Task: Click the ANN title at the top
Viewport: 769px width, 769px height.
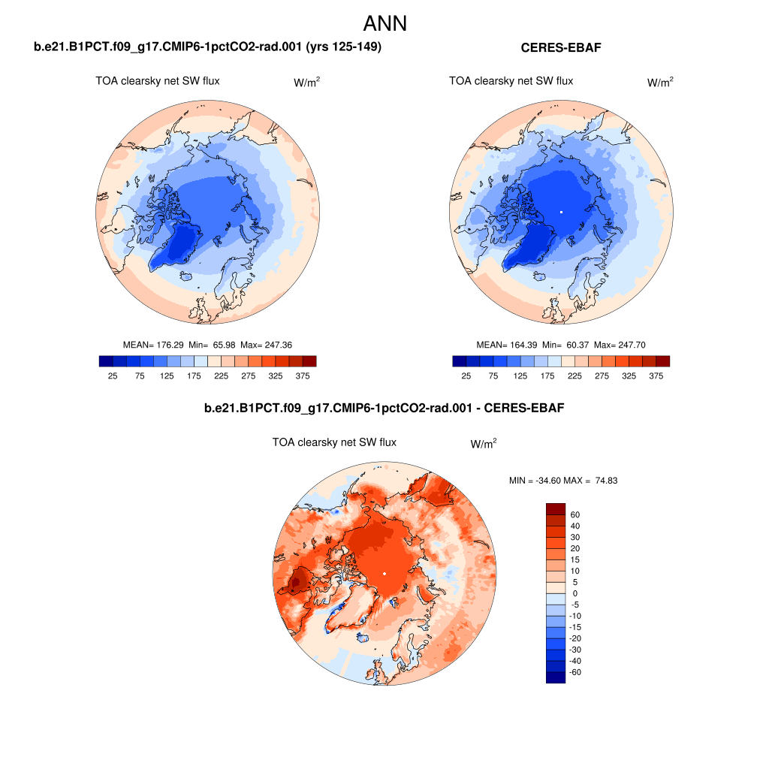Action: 384,23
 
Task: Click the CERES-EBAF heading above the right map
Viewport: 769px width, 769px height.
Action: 561,48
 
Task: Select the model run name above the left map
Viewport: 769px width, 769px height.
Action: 208,47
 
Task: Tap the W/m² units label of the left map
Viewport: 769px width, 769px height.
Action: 306,83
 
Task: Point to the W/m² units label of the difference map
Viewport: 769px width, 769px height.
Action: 484,445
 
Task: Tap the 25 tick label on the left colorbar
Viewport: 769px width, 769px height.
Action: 113,375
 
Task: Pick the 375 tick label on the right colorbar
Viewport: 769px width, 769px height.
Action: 656,375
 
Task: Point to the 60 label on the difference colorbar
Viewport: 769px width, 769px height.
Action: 575,514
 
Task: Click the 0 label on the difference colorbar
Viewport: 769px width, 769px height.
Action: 574,593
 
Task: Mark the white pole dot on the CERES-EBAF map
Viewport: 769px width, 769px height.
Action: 561,213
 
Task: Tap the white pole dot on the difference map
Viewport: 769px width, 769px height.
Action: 384,574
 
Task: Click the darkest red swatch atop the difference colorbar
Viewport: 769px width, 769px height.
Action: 555,508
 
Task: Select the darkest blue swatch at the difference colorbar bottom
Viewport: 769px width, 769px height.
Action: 555,677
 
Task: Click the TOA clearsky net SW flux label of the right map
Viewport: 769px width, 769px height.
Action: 511,81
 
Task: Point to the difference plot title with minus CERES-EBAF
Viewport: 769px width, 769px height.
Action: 384,409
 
